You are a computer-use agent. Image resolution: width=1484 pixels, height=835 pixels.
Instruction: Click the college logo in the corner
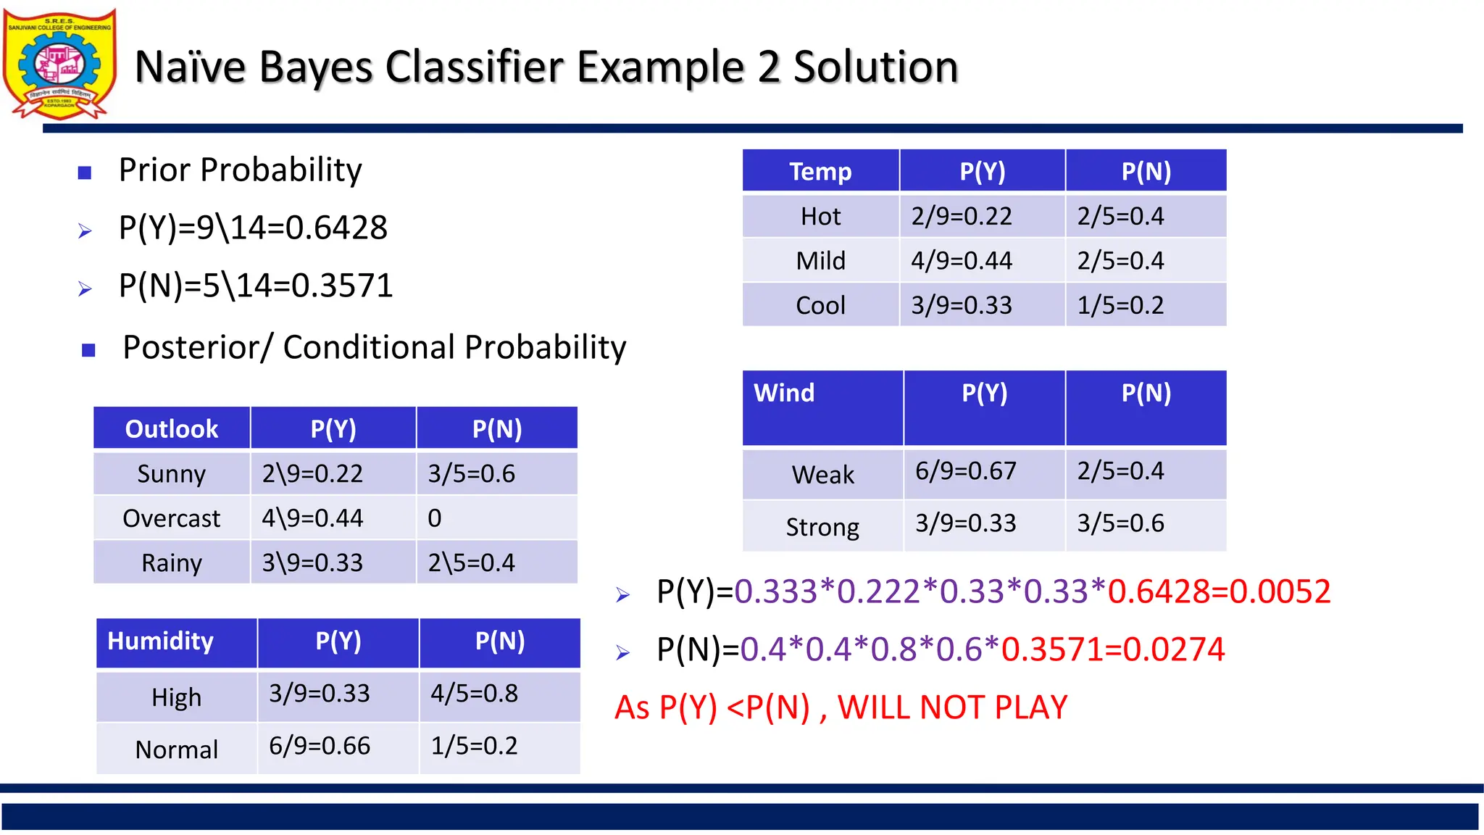(x=59, y=65)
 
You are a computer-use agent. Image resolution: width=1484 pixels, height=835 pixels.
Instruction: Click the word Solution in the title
(x=875, y=67)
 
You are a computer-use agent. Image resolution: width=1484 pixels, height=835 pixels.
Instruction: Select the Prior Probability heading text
(x=240, y=170)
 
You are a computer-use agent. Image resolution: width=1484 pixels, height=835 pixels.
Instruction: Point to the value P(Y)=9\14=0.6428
(x=253, y=228)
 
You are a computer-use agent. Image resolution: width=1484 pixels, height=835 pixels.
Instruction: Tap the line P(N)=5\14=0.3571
(x=255, y=286)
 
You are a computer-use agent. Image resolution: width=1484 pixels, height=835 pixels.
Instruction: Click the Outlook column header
(x=172, y=429)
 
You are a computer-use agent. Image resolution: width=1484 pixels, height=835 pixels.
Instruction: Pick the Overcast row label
(x=172, y=518)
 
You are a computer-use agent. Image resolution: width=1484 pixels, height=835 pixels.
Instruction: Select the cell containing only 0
(x=435, y=518)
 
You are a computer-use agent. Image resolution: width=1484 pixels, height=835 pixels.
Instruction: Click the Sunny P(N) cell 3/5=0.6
(x=471, y=474)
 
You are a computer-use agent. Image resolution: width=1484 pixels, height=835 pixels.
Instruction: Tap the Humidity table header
(x=161, y=641)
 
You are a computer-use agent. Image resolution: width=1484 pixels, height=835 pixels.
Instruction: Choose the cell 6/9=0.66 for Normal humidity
(x=320, y=746)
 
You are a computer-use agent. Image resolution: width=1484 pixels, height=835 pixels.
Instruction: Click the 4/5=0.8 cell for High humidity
(x=475, y=694)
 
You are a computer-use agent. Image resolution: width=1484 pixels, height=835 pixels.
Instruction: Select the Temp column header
(x=820, y=172)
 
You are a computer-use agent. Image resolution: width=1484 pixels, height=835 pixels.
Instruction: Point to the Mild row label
(x=820, y=261)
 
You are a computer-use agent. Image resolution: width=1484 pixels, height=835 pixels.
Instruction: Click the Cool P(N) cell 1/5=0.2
(x=1120, y=305)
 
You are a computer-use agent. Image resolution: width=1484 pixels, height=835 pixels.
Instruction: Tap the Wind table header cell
(x=785, y=394)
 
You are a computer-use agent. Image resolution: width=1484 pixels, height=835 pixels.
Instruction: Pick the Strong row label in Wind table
(x=822, y=527)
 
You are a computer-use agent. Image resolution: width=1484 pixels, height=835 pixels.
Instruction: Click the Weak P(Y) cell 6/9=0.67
(x=965, y=471)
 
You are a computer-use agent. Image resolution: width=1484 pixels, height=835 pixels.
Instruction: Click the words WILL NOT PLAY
(x=952, y=707)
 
